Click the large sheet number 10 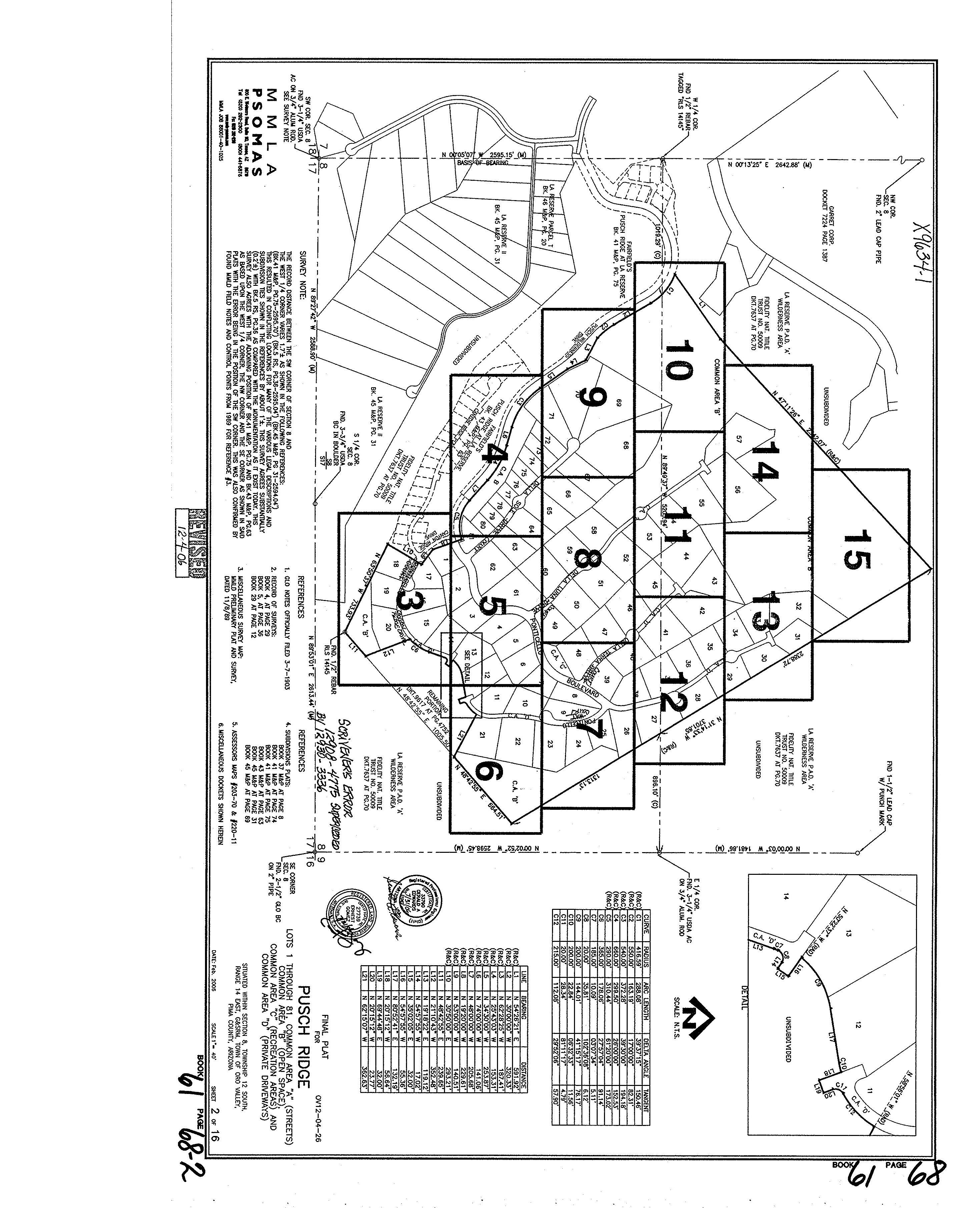(x=679, y=362)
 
